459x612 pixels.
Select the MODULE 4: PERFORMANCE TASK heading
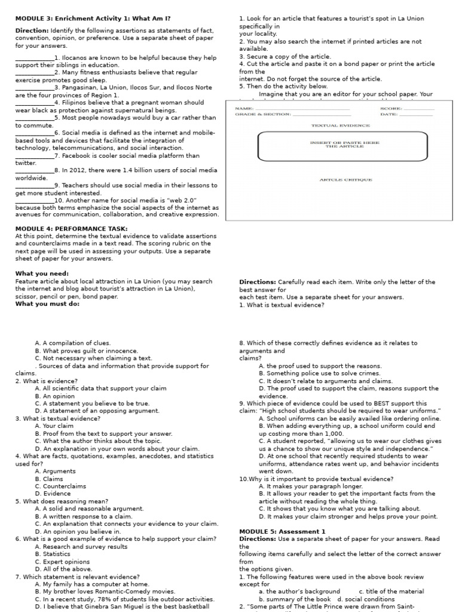pyautogui.click(x=71, y=228)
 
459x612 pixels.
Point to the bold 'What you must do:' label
pyautogui.click(x=47, y=303)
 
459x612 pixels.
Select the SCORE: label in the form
pyautogui.click(x=391, y=108)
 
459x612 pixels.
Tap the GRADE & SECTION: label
pyautogui.click(x=263, y=114)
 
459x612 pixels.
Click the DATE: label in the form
pyautogui.click(x=389, y=114)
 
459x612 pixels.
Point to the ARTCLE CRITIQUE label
pyautogui.click(x=345, y=179)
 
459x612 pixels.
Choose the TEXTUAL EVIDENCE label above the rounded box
pyautogui.click(x=341, y=126)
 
